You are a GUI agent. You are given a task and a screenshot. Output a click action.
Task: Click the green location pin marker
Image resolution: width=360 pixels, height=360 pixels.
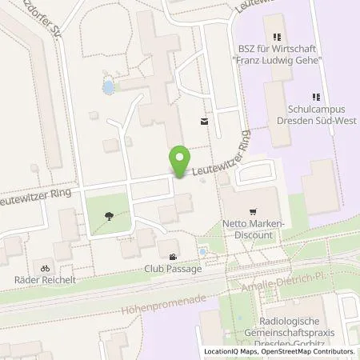[x=181, y=161]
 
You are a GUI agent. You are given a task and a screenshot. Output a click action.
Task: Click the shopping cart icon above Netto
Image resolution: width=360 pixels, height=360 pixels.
[x=254, y=211]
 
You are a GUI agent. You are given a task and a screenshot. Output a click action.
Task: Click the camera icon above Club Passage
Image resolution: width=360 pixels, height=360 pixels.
[x=174, y=257]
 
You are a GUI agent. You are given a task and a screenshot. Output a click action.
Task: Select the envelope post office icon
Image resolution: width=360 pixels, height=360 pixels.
[x=204, y=122]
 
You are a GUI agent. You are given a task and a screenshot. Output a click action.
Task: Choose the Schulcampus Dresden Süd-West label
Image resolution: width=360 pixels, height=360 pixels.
[x=317, y=114]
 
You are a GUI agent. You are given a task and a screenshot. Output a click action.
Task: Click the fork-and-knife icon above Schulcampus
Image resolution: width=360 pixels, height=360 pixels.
[x=317, y=97]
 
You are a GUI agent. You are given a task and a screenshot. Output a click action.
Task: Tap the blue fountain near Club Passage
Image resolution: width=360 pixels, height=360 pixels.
[x=202, y=251]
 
